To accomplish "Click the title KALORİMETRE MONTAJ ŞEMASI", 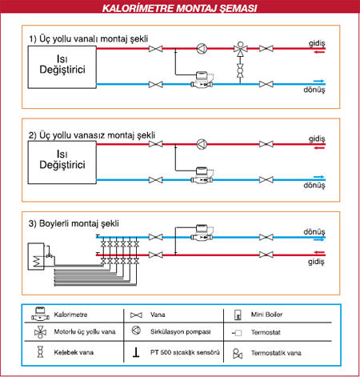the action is tap(180, 8).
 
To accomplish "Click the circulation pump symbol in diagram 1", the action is tap(202, 49).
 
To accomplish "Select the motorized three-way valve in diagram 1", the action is tap(240, 49).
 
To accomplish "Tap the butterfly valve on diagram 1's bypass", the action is tap(240, 70).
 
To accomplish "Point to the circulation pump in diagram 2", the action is tap(202, 144).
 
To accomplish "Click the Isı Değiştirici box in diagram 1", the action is tap(62, 67).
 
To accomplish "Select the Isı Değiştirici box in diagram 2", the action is tap(62, 162).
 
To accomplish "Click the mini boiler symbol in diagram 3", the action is tap(36, 256).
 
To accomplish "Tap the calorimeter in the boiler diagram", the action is tap(202, 233).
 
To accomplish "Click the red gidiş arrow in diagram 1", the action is tap(319, 52).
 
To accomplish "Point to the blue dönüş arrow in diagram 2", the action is tap(318, 177).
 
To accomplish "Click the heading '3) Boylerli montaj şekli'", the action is tap(74, 223).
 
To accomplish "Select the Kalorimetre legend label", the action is tap(70, 315).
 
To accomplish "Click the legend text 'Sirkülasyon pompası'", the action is tap(181, 331).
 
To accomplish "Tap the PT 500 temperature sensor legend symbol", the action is tap(136, 352).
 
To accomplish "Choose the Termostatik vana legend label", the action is tap(276, 353).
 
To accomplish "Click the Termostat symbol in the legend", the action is tap(237, 333).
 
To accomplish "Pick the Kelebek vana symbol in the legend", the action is tap(40, 352).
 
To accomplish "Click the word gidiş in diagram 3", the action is tap(316, 262).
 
